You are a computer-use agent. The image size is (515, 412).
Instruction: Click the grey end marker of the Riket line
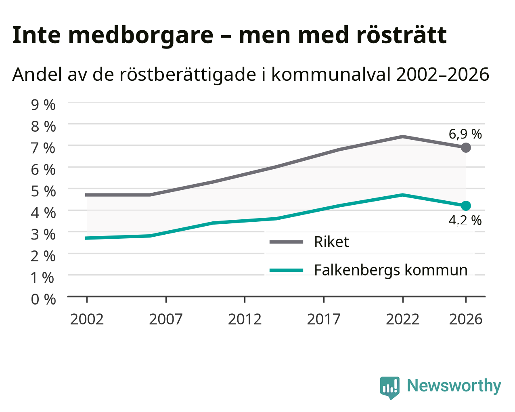tap(466, 147)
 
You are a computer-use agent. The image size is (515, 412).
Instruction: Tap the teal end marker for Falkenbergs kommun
tap(466, 206)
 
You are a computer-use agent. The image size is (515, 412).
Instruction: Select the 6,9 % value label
tap(465, 134)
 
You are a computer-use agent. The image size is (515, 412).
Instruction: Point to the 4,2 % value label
tap(465, 221)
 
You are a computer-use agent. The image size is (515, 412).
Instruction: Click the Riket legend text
tap(331, 242)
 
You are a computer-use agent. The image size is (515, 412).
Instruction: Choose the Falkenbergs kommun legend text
tap(391, 271)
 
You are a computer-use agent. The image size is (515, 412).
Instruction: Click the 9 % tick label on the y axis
tap(43, 105)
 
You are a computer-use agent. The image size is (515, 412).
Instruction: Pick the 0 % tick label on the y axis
tap(43, 299)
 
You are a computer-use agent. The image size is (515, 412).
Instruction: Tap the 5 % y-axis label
tap(43, 191)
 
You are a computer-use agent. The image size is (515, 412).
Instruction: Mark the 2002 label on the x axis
tap(87, 319)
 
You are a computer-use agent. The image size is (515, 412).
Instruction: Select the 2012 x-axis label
tap(245, 319)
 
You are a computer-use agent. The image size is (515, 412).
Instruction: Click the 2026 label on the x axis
tap(466, 319)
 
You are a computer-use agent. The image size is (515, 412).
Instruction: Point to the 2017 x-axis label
tap(324, 319)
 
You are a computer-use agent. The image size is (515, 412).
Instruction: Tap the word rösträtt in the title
tap(402, 35)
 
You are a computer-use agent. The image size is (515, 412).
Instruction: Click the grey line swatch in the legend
tap(286, 242)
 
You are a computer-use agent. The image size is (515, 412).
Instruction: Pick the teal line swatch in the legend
tap(286, 271)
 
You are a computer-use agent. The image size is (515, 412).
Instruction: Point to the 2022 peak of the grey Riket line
tap(403, 137)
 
